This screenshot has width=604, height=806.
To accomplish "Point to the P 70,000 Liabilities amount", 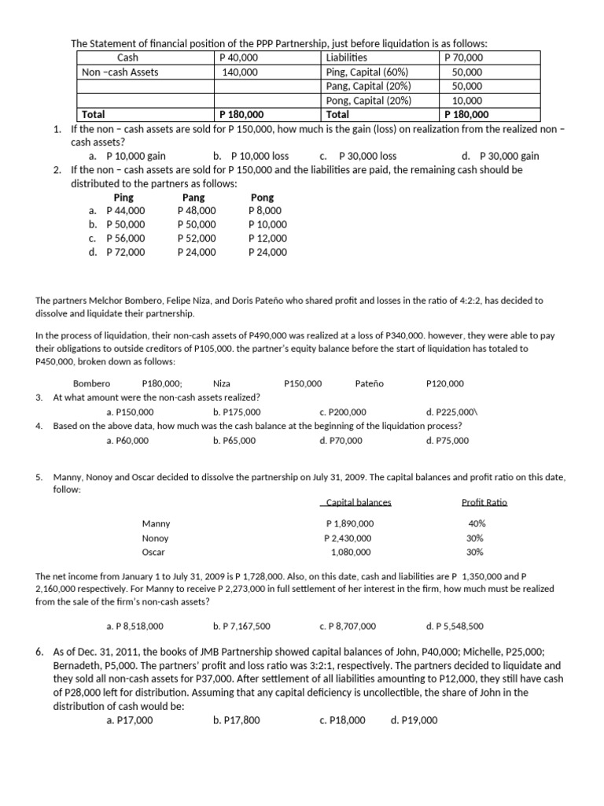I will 464,57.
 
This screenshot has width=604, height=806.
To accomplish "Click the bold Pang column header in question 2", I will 193,198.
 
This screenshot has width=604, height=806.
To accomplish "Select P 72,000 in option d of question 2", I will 125,252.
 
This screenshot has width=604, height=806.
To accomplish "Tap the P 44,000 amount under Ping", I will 125,210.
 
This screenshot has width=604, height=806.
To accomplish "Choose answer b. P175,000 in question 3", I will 237,412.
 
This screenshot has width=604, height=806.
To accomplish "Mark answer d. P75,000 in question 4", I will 447,441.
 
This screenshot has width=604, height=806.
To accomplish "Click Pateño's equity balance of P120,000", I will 444,383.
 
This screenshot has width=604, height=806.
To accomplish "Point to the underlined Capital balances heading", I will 357,503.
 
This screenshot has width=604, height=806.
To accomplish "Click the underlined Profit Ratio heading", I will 484,503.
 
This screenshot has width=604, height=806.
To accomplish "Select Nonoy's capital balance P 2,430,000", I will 348,538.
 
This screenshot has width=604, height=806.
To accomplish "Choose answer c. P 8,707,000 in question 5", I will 348,627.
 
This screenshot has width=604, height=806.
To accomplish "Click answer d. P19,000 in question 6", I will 414,720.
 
